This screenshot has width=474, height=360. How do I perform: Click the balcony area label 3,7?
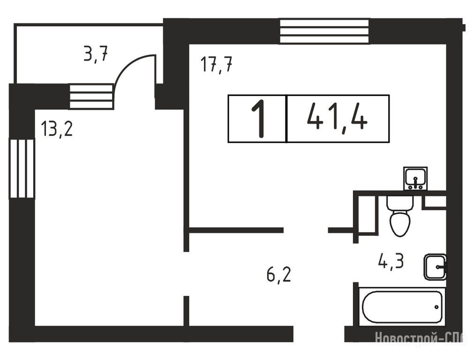[96, 54]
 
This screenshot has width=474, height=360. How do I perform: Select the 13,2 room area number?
[57, 128]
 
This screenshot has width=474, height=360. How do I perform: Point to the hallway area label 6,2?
[278, 275]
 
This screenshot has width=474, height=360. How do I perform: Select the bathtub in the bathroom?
[403, 307]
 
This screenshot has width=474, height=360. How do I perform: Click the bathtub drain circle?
[436, 307]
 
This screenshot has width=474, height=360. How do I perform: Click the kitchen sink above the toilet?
[415, 179]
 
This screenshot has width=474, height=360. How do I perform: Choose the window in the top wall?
[324, 31]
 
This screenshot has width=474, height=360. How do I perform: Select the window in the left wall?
[22, 168]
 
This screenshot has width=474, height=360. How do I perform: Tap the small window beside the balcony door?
[91, 97]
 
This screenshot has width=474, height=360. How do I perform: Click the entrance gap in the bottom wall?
[319, 334]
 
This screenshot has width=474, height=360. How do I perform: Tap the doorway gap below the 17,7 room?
[306, 230]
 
